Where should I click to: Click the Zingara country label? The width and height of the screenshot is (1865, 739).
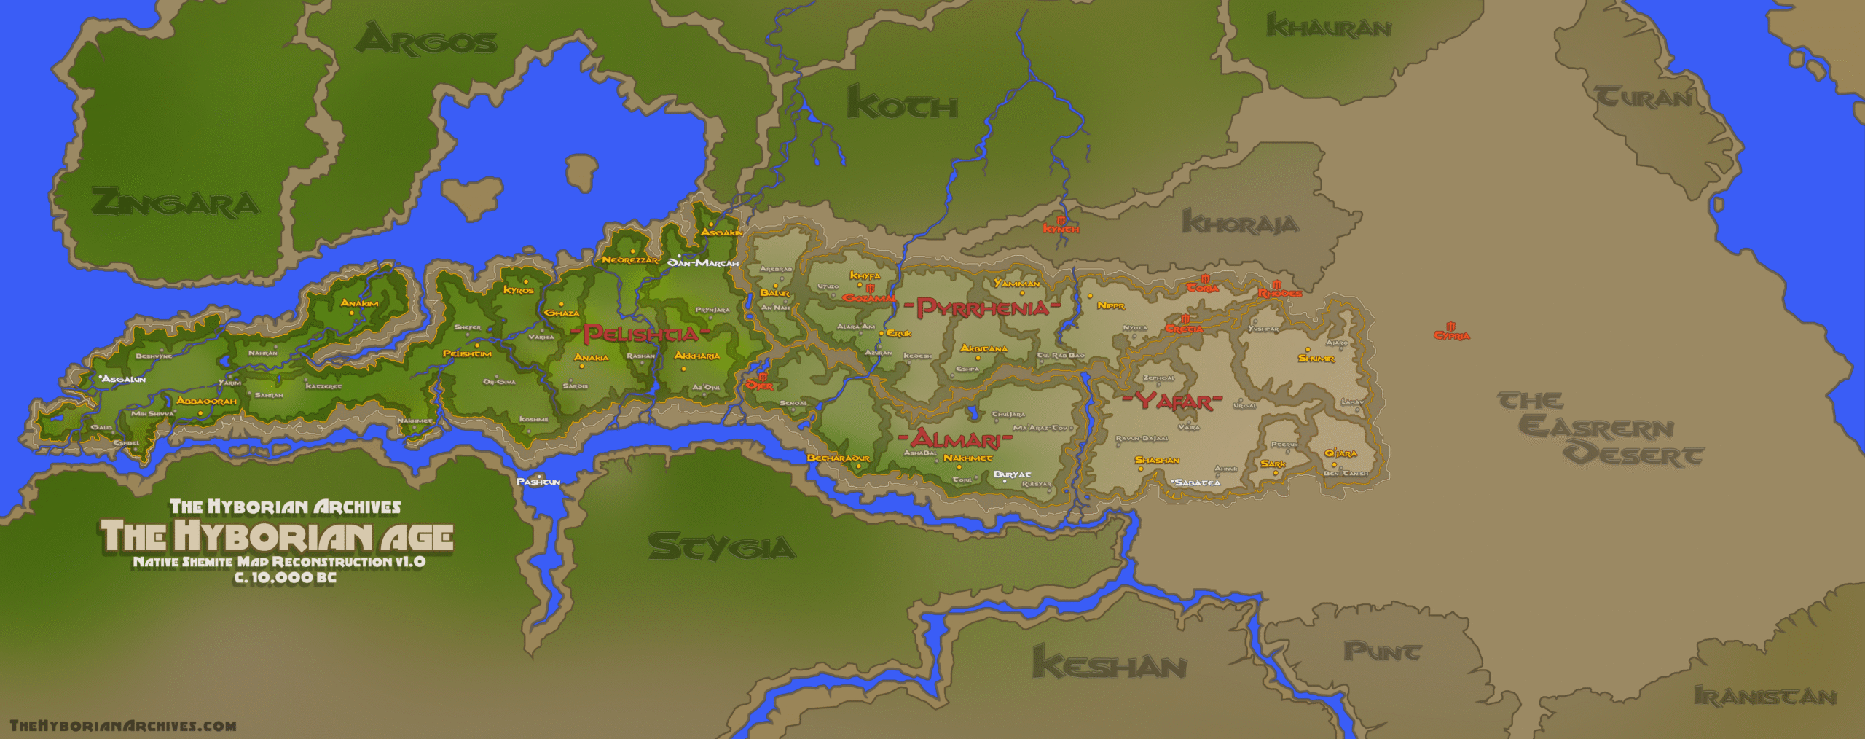click(175, 203)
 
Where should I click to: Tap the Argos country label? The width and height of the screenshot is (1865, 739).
click(426, 39)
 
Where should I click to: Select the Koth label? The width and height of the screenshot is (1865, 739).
click(902, 103)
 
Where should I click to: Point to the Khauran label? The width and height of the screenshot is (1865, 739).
click(1329, 27)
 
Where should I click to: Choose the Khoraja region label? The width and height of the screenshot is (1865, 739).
click(1240, 222)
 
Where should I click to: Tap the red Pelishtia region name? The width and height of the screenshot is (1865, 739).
click(640, 335)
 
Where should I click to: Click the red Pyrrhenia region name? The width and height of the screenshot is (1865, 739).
click(982, 308)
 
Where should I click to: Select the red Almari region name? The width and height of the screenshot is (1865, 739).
click(954, 439)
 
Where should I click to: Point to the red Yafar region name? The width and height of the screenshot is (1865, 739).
click(1172, 402)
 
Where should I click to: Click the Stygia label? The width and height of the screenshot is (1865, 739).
click(721, 547)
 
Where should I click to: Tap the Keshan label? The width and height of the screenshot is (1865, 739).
click(1109, 665)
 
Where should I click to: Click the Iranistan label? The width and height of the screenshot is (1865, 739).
click(1764, 696)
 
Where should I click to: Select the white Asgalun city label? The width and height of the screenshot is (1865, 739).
click(124, 379)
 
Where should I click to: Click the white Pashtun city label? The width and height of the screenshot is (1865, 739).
click(538, 482)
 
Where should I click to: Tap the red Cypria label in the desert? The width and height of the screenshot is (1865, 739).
click(1452, 335)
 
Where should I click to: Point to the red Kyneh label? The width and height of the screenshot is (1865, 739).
click(1061, 228)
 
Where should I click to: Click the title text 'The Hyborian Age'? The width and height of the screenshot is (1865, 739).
click(277, 536)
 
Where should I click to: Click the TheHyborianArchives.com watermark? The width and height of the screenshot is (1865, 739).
click(123, 726)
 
